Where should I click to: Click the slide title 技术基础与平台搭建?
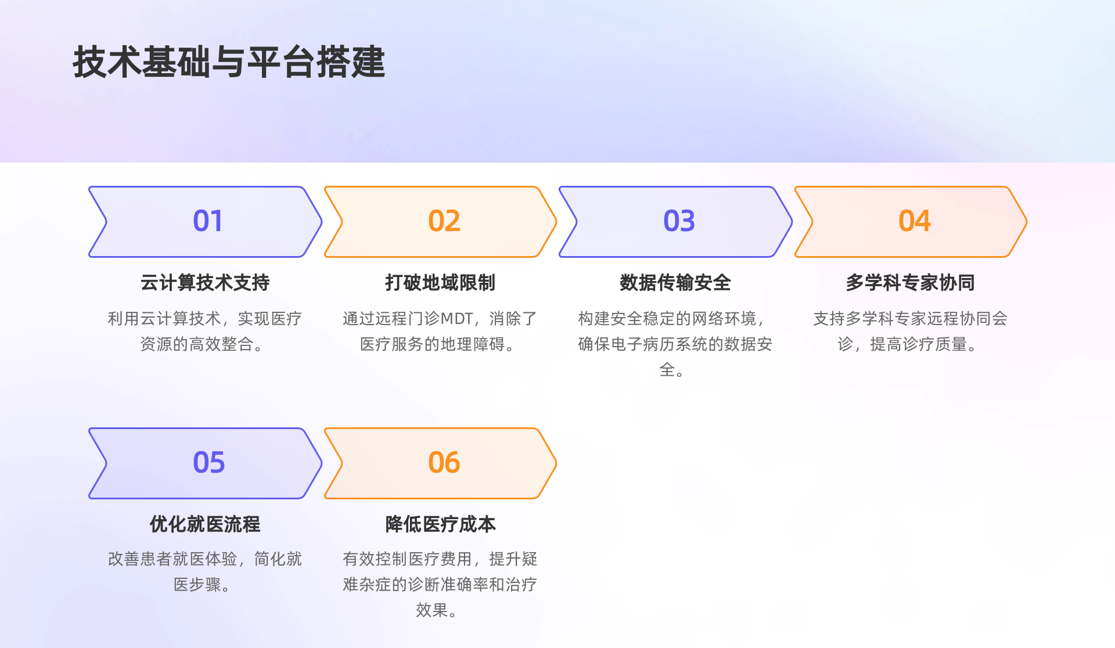click(x=229, y=62)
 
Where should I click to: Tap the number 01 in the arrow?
click(x=207, y=221)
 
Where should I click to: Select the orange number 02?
click(x=444, y=221)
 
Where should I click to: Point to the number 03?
click(x=679, y=221)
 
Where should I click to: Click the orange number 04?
click(x=914, y=221)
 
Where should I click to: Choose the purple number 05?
click(x=208, y=463)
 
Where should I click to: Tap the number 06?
click(x=444, y=463)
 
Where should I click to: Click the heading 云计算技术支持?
click(x=205, y=283)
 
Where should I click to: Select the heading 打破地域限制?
click(x=440, y=283)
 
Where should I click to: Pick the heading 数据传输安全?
click(x=675, y=283)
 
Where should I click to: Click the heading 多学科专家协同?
click(x=910, y=283)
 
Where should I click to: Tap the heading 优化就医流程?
click(x=205, y=524)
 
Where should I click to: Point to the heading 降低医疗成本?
click(x=440, y=524)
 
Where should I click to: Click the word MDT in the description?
click(x=456, y=319)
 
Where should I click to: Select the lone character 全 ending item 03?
click(x=667, y=370)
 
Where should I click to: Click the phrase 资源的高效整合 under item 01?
click(x=196, y=344)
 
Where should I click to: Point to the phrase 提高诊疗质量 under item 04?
click(x=918, y=344)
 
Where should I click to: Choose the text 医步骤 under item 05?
click(x=197, y=585)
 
